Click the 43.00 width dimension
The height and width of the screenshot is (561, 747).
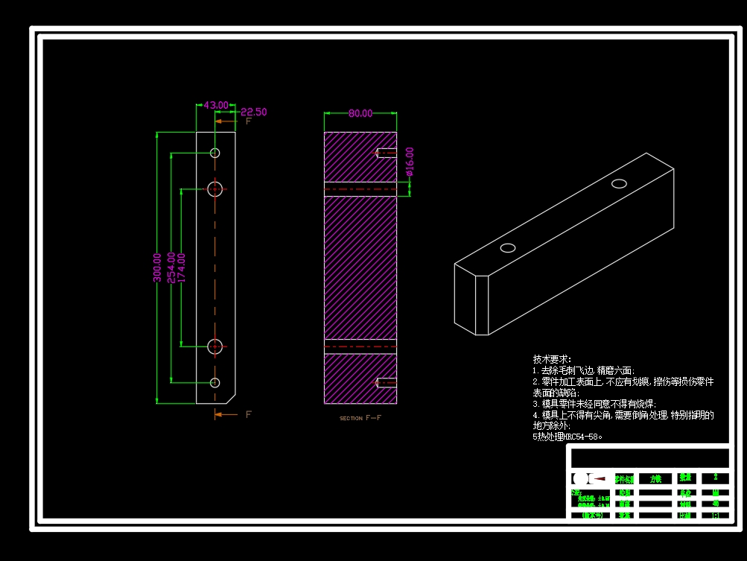[216, 106]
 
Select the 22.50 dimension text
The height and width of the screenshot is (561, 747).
[253, 112]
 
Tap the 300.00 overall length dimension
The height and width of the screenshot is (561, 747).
[157, 267]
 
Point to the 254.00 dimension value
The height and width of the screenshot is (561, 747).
[171, 267]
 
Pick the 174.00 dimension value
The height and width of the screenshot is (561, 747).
[182, 267]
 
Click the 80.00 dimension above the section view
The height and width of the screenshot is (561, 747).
[360, 113]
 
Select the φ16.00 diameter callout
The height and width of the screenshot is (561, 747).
[410, 162]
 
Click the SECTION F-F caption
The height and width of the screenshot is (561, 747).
[360, 419]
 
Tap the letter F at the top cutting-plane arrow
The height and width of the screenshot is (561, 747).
[249, 121]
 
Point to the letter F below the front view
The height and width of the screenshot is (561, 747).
[249, 414]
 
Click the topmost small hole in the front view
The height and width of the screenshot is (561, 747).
[215, 153]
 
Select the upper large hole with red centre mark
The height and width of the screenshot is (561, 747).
[215, 188]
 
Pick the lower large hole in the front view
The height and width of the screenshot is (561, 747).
[215, 346]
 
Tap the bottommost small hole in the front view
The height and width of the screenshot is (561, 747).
[215, 382]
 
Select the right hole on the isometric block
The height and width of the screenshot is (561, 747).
[620, 183]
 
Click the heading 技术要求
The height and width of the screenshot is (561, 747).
[552, 359]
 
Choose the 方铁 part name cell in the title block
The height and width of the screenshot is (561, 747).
[656, 478]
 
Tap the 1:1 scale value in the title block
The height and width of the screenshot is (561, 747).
[716, 515]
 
